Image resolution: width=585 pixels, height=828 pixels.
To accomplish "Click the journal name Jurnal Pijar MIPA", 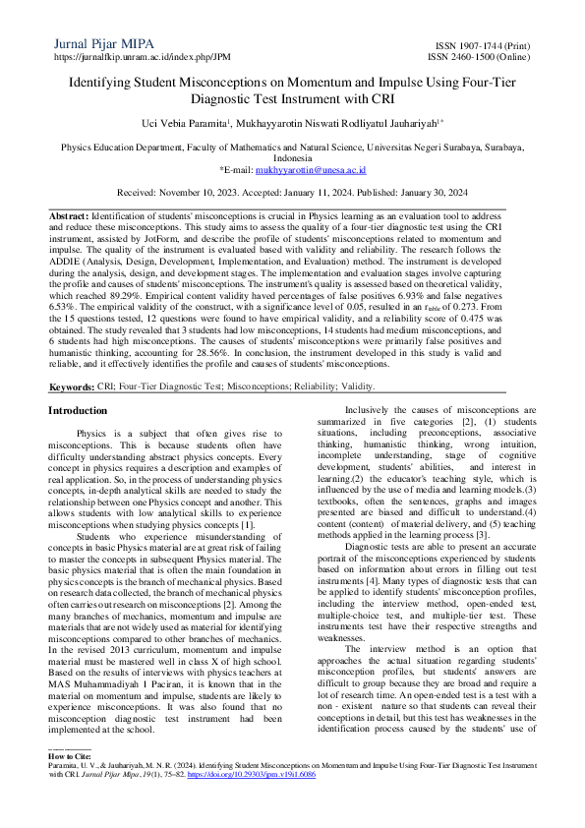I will pyautogui.click(x=99, y=43).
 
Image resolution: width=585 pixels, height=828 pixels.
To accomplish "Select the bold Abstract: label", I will pyautogui.click(x=70, y=214).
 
